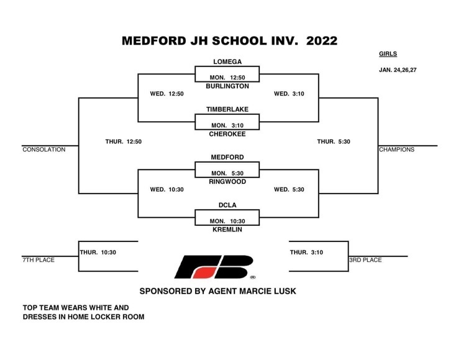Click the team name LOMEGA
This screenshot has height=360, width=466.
pyautogui.click(x=227, y=61)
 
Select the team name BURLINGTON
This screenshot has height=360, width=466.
pyautogui.click(x=227, y=86)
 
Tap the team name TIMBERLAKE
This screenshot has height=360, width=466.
pyautogui.click(x=227, y=109)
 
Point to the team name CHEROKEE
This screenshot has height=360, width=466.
pyautogui.click(x=227, y=134)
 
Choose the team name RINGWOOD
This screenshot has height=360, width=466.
pyautogui.click(x=227, y=182)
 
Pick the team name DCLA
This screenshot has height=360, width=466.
pyautogui.click(x=227, y=205)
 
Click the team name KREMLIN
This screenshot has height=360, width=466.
pyautogui.click(x=227, y=230)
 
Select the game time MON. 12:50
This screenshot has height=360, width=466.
pyautogui.click(x=227, y=78)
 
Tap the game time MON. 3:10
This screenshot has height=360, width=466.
pyautogui.click(x=227, y=125)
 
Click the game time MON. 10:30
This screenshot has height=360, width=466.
pyautogui.click(x=227, y=221)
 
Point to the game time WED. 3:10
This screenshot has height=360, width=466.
pyautogui.click(x=289, y=94)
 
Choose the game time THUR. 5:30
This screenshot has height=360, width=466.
pyautogui.click(x=334, y=142)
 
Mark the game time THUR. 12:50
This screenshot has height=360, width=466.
pyautogui.click(x=124, y=142)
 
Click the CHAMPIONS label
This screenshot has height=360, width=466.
pyautogui.click(x=396, y=150)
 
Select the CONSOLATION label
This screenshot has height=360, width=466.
pyautogui.click(x=44, y=150)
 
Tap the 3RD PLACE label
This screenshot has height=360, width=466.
pyautogui.click(x=365, y=260)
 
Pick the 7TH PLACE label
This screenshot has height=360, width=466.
pyautogui.click(x=39, y=260)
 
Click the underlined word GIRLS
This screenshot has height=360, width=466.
pyautogui.click(x=388, y=54)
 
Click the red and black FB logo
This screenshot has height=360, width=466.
pyautogui.click(x=214, y=267)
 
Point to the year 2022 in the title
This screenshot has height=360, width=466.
pyautogui.click(x=322, y=41)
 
